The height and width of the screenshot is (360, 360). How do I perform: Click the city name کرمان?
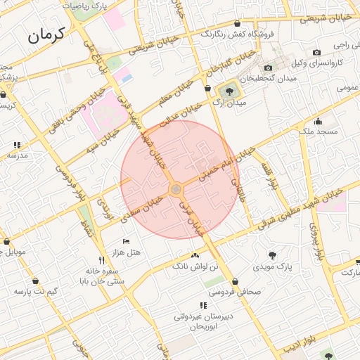point(47,34)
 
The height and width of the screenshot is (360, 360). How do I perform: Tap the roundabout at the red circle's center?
point(176,189)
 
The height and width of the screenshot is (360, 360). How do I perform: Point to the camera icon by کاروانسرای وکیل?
point(316,52)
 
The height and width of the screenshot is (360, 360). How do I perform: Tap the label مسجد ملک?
point(319,131)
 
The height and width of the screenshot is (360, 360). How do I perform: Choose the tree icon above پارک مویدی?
point(272,255)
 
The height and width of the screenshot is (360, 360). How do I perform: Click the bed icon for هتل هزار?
point(127,242)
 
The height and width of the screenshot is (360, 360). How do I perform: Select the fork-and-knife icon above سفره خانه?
point(103,261)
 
